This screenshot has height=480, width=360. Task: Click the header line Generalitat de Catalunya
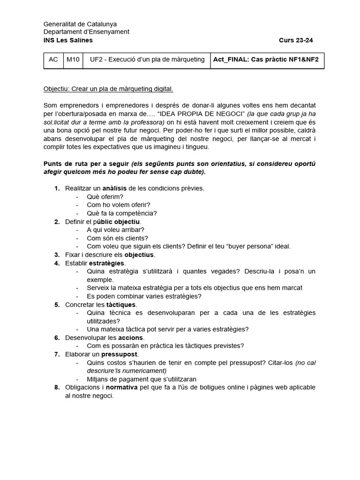click(80, 24)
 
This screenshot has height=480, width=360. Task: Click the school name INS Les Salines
click(68, 40)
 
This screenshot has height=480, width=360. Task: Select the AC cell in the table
click(53, 60)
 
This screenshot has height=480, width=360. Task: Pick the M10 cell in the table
click(73, 60)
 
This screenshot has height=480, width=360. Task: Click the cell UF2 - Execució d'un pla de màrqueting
click(147, 60)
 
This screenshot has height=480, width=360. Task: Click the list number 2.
click(57, 222)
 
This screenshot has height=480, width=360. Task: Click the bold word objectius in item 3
click(140, 255)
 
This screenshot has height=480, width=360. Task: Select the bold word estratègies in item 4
click(108, 263)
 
